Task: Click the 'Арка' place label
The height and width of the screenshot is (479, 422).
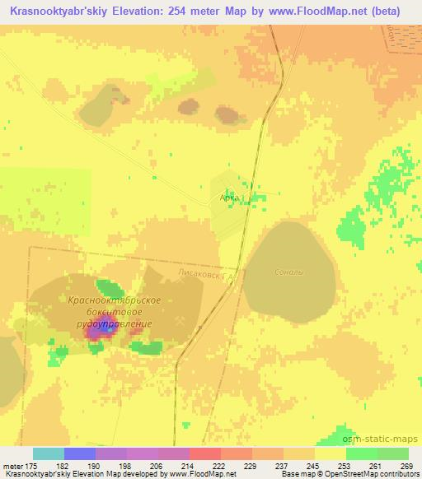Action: pos(229,198)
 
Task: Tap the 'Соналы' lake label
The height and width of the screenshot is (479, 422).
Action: pos(288,272)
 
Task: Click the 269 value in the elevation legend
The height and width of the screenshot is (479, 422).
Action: pos(408,465)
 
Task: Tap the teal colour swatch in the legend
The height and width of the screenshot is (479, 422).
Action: pos(49,453)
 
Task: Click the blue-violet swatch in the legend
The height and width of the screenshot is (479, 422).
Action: pos(80,453)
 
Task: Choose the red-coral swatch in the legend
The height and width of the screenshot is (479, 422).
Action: pos(205,453)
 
